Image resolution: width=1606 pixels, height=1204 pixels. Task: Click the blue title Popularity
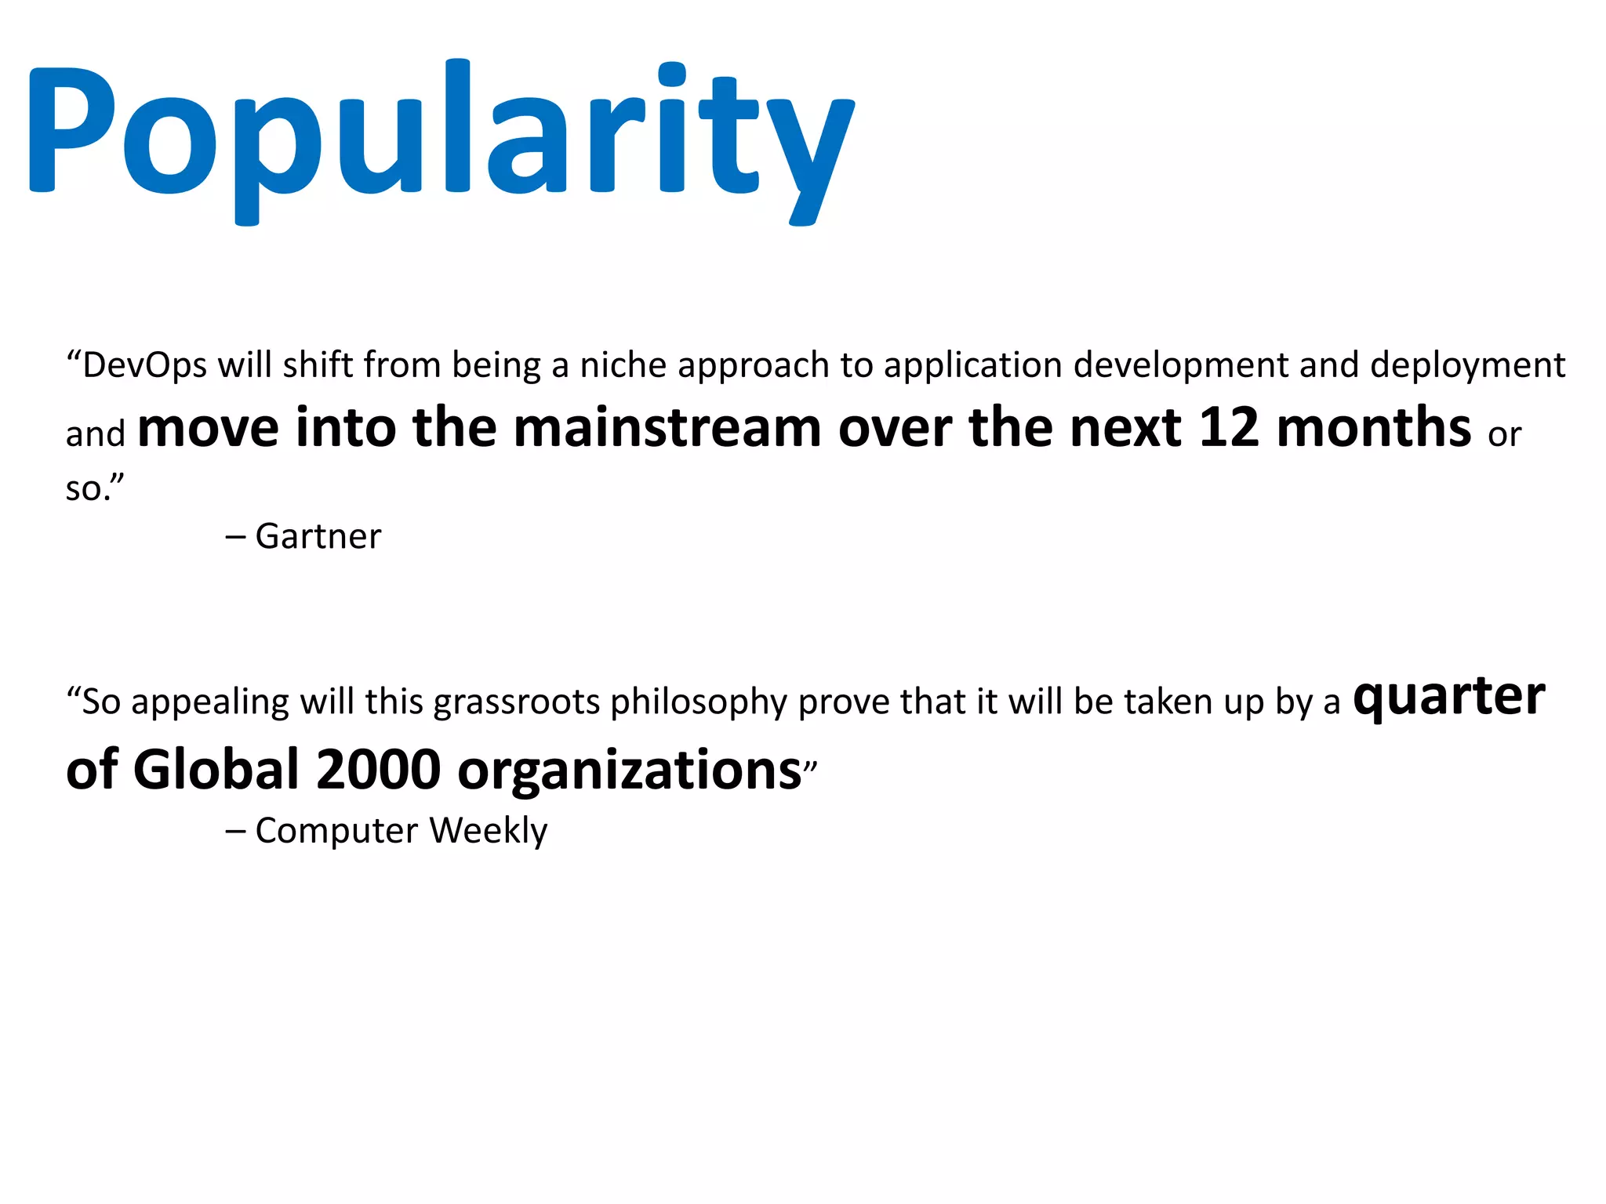441,133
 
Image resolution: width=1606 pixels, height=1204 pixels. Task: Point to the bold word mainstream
667,428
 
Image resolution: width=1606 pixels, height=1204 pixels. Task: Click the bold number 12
1228,428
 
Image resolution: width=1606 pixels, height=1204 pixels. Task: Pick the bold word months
1374,428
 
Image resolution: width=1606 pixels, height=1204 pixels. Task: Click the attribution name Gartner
318,537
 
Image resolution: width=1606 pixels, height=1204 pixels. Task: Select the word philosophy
698,702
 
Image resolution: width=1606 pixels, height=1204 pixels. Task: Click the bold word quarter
1449,697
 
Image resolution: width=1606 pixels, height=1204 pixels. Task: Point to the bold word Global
216,770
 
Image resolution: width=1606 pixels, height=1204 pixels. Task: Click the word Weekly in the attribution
489,830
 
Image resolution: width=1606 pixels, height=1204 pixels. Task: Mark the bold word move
208,428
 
